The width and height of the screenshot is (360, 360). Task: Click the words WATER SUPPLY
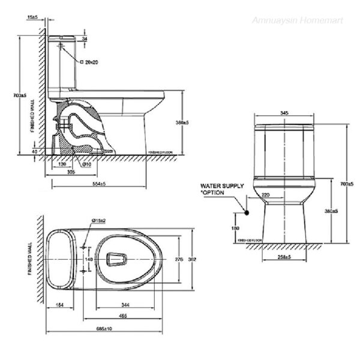coord(222,186)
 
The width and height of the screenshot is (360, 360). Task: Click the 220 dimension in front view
coord(266,196)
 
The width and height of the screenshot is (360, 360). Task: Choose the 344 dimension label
coord(126,305)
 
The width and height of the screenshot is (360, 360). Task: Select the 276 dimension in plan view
coord(178,259)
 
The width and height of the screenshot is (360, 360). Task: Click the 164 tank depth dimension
coord(59,305)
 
